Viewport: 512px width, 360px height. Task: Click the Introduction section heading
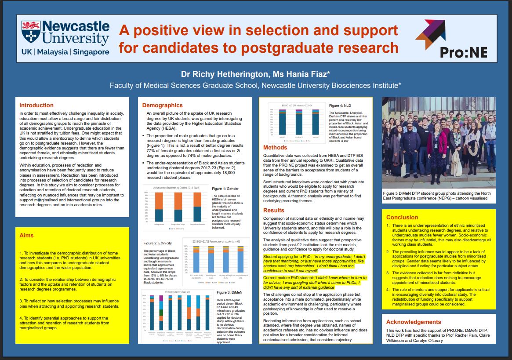click(36, 105)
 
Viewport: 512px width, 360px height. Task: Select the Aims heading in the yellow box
click(26, 236)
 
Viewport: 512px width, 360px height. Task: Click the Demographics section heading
click(162, 105)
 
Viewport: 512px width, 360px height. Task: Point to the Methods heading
click(276, 148)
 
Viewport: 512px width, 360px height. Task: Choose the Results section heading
click(274, 210)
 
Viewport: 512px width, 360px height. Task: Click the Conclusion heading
click(402, 217)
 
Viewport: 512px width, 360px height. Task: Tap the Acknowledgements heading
click(414, 322)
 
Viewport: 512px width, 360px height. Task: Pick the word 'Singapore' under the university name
click(90, 52)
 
